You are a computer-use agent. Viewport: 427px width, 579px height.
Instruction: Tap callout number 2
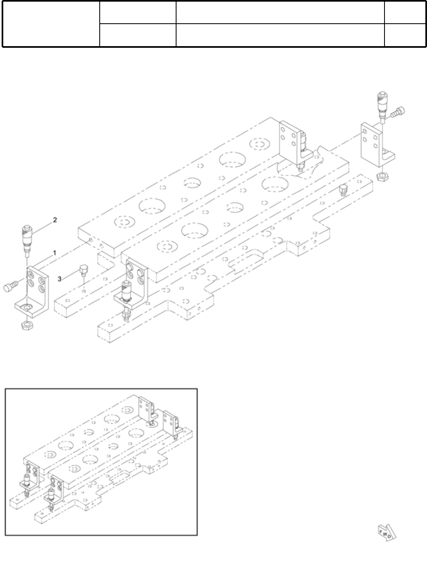coord(55,220)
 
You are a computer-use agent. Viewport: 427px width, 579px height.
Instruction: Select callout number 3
coord(60,278)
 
